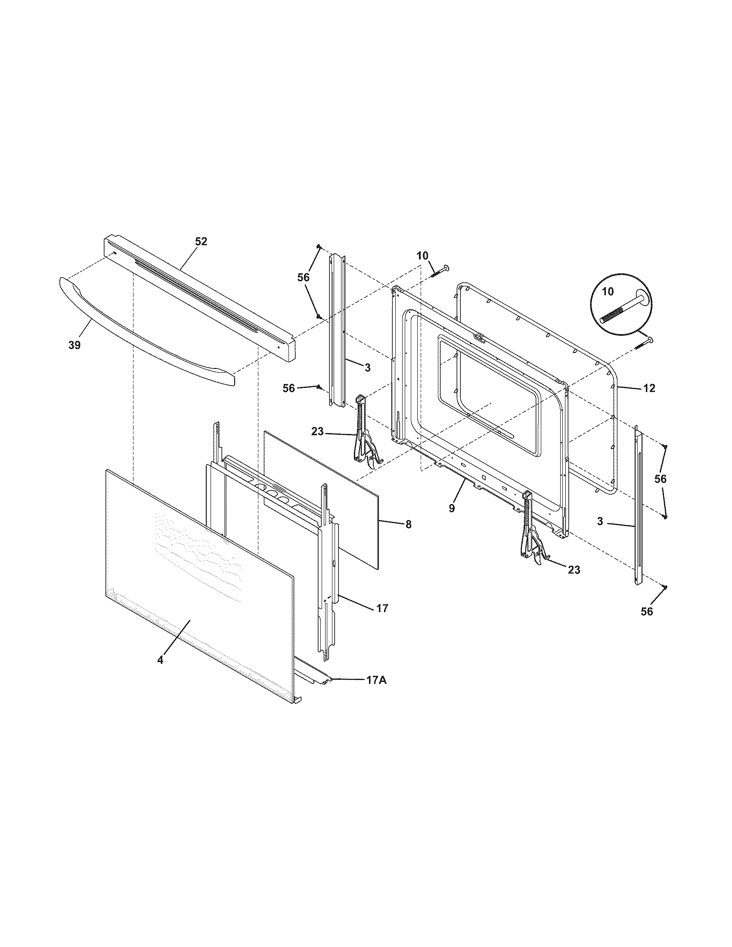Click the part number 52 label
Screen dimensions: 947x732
(x=201, y=241)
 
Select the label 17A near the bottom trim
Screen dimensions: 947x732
(x=376, y=680)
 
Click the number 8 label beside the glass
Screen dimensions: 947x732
(x=408, y=524)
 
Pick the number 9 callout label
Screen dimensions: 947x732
(x=451, y=508)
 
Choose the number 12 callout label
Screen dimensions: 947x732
(x=649, y=388)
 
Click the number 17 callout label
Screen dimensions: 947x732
(x=382, y=608)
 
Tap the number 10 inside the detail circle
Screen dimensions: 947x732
(x=608, y=291)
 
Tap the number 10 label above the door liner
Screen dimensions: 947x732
(x=422, y=256)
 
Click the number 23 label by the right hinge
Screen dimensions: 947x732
(x=574, y=570)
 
